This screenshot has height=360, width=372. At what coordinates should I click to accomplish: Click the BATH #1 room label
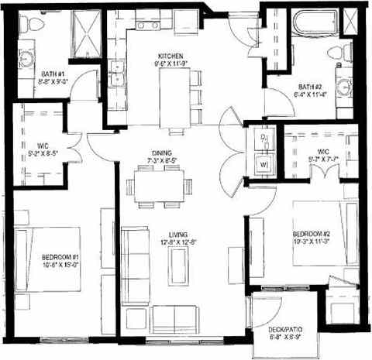coord(53,75)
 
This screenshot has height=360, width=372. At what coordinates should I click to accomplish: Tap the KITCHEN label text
coord(170,57)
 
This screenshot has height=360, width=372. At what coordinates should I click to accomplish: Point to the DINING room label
coord(162,153)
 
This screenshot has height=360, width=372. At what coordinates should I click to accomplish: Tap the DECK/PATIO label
coord(285,331)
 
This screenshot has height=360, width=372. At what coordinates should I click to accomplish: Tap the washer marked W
coord(263,164)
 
